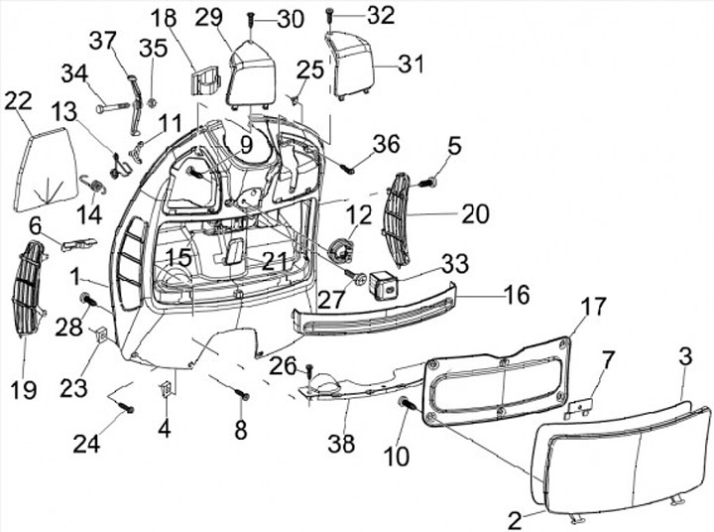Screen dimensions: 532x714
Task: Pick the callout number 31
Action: pyautogui.click(x=411, y=64)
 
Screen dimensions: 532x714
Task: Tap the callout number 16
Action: pyautogui.click(x=516, y=295)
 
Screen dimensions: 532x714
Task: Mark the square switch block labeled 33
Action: pyautogui.click(x=383, y=287)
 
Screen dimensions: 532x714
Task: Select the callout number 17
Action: pyautogui.click(x=592, y=307)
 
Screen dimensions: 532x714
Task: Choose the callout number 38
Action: pyautogui.click(x=341, y=445)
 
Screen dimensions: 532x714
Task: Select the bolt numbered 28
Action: pyautogui.click(x=87, y=300)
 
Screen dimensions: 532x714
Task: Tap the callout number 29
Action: pyautogui.click(x=208, y=18)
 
